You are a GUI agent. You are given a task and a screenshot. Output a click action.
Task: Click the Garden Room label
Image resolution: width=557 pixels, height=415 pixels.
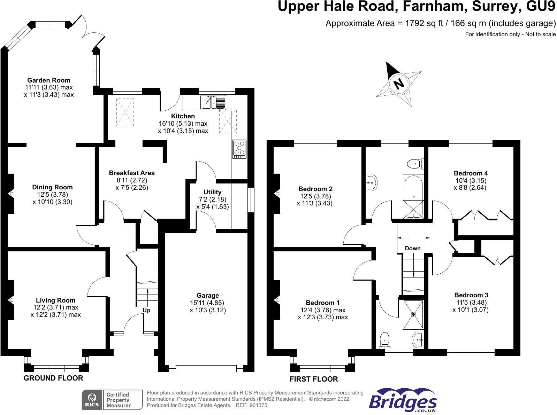[x=49, y=80]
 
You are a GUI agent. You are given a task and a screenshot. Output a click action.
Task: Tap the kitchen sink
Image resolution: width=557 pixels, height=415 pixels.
[x=213, y=103]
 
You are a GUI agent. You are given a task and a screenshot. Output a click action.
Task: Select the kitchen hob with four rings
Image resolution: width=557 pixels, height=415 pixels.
[x=239, y=149]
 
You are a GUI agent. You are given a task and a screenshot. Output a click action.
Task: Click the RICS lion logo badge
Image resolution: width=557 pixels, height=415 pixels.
[x=92, y=400]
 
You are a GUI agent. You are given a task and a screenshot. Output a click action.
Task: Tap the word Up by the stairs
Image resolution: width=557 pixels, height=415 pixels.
[x=146, y=310]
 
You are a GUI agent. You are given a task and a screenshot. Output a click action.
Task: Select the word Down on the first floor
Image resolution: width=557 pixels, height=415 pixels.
[x=413, y=248]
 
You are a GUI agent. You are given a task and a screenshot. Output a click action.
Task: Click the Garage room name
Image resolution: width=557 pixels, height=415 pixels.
[x=208, y=296]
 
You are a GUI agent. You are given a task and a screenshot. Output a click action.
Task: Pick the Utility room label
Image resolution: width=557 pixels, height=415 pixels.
[x=212, y=192]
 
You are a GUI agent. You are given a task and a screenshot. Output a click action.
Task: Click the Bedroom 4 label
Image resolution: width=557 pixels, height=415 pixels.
[x=471, y=173]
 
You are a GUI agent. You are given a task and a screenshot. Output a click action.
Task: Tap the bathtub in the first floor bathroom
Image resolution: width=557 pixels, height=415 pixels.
[x=413, y=196]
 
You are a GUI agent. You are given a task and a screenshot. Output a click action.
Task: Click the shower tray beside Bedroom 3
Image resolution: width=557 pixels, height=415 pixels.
[x=413, y=315]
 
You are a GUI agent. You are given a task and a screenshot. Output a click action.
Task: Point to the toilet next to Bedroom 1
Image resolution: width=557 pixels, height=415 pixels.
[x=385, y=340]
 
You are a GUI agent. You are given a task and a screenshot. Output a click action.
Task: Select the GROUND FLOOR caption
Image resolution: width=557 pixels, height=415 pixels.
[x=53, y=378]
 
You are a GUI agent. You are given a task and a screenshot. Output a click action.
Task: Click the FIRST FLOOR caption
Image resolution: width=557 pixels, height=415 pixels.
[x=314, y=379]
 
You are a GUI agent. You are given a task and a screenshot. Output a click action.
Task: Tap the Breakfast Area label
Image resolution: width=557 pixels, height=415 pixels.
[x=132, y=173]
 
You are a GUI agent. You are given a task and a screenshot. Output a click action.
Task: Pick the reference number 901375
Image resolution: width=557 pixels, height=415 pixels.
[x=258, y=405]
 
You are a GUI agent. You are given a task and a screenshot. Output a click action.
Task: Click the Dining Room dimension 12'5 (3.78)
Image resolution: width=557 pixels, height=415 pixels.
[x=52, y=195]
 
